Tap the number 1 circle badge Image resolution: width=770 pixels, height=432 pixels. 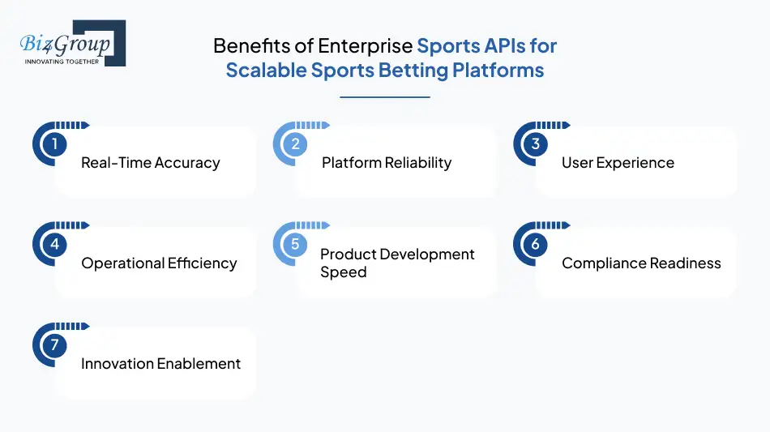pyautogui.click(x=54, y=144)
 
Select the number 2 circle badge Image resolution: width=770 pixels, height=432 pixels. pyautogui.click(x=295, y=144)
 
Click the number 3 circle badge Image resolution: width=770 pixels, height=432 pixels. pyautogui.click(x=535, y=144)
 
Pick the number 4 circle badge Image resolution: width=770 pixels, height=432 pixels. pyautogui.click(x=54, y=245)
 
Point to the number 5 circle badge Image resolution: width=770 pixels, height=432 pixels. pyautogui.click(x=295, y=245)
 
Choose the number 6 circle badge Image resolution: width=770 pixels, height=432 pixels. pyautogui.click(x=535, y=245)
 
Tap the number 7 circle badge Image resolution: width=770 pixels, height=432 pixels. pyautogui.click(x=54, y=345)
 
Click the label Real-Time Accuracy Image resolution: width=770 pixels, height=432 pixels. pyautogui.click(x=151, y=163)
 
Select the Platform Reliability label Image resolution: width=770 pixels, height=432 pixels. pyautogui.click(x=387, y=163)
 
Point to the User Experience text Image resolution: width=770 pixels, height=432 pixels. pyautogui.click(x=618, y=163)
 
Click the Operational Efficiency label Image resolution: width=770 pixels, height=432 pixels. pyautogui.click(x=159, y=263)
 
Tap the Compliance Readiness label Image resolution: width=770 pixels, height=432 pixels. pyautogui.click(x=641, y=263)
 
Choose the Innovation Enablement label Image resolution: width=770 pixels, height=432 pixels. pyautogui.click(x=160, y=364)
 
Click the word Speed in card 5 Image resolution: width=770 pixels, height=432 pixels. pyautogui.click(x=344, y=272)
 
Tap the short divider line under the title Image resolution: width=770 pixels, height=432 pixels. pyautogui.click(x=384, y=97)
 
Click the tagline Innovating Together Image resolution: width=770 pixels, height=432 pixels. pyautogui.click(x=62, y=62)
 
